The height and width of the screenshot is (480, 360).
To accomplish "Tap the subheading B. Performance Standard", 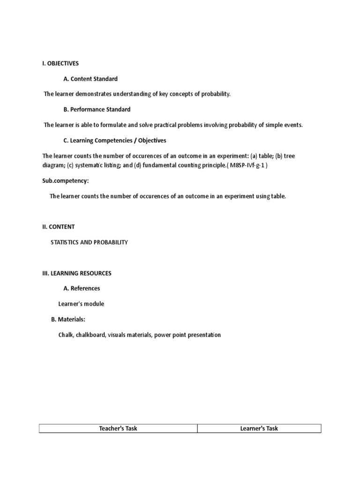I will [97, 109].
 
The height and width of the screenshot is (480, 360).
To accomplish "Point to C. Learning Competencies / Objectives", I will [115, 140].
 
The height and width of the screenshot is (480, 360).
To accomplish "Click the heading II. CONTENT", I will [59, 226].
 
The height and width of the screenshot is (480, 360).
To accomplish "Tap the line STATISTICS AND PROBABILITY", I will [89, 242].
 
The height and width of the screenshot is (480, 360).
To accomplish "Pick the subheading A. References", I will [82, 288].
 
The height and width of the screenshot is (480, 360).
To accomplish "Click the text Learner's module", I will [81, 304].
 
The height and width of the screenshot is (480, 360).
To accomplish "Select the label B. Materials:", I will [68, 319].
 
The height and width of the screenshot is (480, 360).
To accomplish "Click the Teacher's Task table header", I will [118, 428].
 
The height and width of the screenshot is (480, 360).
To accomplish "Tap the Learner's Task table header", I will [259, 428].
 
